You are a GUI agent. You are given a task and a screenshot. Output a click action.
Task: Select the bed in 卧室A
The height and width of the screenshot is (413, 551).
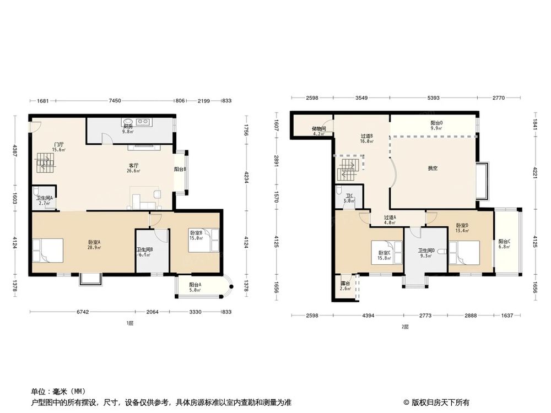pos(48,248)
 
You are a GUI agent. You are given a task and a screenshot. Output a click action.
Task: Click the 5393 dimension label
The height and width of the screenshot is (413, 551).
pos(434,98)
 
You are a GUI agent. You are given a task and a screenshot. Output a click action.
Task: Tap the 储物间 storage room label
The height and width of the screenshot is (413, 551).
pos(319,130)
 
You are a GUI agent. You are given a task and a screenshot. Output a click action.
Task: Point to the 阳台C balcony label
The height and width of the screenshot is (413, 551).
pos(504,243)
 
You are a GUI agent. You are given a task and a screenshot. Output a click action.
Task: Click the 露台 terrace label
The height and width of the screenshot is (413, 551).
pos(345,286)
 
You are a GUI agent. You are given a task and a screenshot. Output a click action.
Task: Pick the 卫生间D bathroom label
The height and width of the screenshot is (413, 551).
pos(426,253)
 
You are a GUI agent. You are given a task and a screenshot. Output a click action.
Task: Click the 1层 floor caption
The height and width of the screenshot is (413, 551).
pos(129,324)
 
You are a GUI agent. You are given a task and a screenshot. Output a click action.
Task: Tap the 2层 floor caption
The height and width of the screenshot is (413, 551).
pos(405,327)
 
